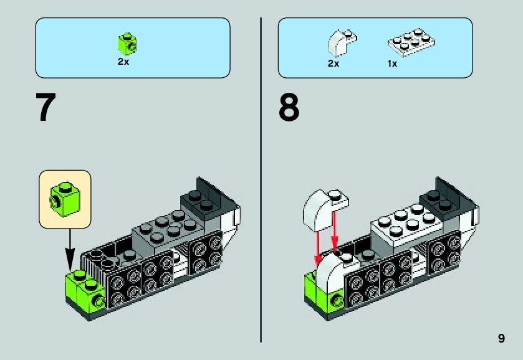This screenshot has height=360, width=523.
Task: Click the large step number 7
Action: [46, 108]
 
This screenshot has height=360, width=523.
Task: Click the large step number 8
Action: [289, 108]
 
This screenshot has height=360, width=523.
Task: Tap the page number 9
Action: [501, 338]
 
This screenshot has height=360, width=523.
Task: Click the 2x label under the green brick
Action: [123, 62]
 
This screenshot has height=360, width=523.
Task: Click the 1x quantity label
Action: [392, 63]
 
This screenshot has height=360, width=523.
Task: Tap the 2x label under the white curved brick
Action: [333, 63]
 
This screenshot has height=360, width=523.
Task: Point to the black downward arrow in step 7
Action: [69, 249]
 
